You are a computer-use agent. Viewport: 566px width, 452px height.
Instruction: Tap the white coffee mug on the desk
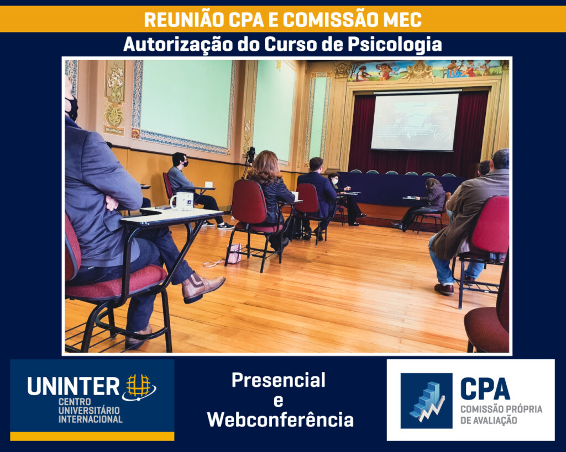(182, 201)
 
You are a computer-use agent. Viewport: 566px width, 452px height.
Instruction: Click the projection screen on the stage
(415, 122)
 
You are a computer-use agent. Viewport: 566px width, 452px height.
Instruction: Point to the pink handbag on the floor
(234, 253)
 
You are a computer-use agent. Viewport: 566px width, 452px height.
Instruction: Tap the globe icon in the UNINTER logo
(139, 387)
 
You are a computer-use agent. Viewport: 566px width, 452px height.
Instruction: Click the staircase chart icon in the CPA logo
(427, 401)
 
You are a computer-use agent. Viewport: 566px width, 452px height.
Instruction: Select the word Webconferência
(280, 419)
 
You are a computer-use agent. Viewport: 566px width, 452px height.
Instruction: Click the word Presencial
(279, 380)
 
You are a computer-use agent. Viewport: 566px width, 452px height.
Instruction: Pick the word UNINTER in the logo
(74, 386)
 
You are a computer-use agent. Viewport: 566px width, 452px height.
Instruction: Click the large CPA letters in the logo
(485, 389)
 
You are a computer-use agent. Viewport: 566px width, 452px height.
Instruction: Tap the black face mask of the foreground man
(72, 108)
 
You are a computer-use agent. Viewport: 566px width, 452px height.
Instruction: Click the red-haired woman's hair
(265, 167)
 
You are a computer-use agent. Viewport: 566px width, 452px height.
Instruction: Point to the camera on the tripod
(250, 155)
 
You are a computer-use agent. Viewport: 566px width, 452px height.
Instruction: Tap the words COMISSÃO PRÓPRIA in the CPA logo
(501, 409)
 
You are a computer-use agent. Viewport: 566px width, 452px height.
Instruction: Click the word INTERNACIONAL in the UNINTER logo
(90, 419)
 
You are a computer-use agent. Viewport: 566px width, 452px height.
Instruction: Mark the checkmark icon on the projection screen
(442, 134)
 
